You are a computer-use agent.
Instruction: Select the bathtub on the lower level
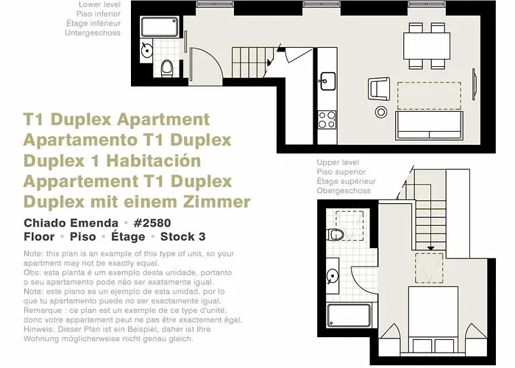pyautogui.click(x=156, y=29)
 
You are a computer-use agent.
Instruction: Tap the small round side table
pyautogui.click(x=381, y=112)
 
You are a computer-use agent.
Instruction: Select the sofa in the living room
pyautogui.click(x=429, y=126)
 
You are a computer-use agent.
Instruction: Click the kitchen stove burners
pyautogui.click(x=327, y=118)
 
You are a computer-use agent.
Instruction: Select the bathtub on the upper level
pyautogui.click(x=349, y=314)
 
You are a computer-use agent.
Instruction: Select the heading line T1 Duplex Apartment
pyautogui.click(x=116, y=120)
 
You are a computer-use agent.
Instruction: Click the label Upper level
pyautogui.click(x=338, y=162)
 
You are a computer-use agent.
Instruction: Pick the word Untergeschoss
pyautogui.click(x=93, y=33)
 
